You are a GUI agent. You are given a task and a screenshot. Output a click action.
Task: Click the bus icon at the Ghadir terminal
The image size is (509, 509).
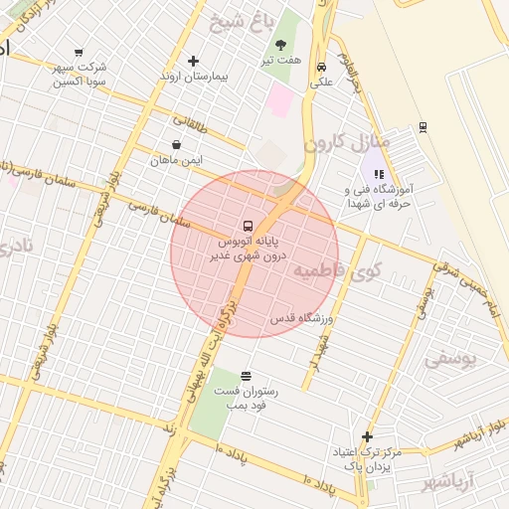[249, 224]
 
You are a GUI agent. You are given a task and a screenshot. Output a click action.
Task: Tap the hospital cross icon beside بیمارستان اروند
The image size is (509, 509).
[193, 61]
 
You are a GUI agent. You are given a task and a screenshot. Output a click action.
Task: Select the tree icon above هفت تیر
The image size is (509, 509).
[280, 45]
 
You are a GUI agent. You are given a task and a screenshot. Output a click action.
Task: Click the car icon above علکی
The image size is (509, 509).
[321, 68]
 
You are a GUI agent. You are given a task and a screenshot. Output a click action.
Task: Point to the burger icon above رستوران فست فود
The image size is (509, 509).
[246, 376]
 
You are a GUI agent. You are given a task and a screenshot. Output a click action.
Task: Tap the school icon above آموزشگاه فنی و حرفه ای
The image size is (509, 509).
[378, 173]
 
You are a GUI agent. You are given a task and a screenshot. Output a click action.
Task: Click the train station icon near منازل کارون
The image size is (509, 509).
[423, 126]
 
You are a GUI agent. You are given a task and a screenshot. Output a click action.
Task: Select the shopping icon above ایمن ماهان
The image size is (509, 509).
[176, 145]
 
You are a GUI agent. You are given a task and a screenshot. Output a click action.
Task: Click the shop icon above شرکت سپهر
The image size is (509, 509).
[80, 53]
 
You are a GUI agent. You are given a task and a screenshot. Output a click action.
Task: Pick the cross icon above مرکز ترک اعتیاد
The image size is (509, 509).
[368, 436]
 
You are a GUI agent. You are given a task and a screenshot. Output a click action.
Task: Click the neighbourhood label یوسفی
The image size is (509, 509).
[449, 358]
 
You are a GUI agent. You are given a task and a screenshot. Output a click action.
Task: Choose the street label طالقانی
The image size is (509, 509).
[191, 125]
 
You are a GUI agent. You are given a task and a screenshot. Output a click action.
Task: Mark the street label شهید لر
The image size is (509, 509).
[317, 359]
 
